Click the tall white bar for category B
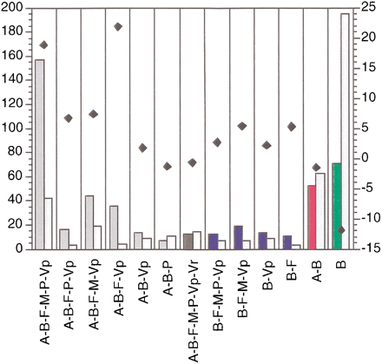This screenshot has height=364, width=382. click(345, 130)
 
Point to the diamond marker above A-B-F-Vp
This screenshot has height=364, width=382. click(118, 27)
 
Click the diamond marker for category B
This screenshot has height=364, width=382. click(341, 230)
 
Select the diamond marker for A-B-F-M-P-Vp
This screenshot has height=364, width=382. click(43, 45)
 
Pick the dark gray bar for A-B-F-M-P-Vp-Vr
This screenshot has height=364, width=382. click(188, 241)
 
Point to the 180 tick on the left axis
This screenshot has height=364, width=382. click(17, 32)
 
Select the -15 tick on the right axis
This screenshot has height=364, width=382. click(367, 249)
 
